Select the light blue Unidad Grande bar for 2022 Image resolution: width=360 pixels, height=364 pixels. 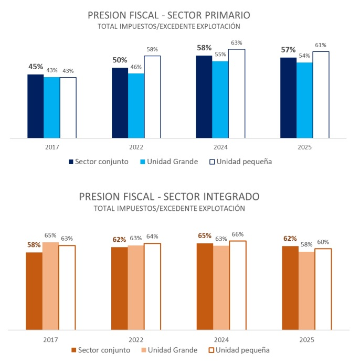point(136,106)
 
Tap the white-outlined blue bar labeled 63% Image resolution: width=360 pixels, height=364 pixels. point(236,94)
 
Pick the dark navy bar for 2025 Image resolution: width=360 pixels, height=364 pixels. point(288,98)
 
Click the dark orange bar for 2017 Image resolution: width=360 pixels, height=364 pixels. point(34,291)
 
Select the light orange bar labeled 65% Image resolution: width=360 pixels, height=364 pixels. point(50,286)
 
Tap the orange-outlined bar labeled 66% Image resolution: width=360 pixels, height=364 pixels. point(237,285)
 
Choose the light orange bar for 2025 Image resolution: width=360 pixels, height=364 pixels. point(306,291)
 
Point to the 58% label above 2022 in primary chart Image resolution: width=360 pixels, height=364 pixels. point(152,49)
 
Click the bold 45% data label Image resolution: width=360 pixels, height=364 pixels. point(36,67)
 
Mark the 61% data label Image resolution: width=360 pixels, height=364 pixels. point(321,45)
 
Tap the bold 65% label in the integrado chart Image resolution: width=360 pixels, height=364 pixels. point(205,237)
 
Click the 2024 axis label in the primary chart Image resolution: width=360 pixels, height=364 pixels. point(220,147)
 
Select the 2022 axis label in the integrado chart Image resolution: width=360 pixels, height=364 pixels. point(135,339)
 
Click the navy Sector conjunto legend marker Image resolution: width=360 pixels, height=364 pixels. point(71,162)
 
